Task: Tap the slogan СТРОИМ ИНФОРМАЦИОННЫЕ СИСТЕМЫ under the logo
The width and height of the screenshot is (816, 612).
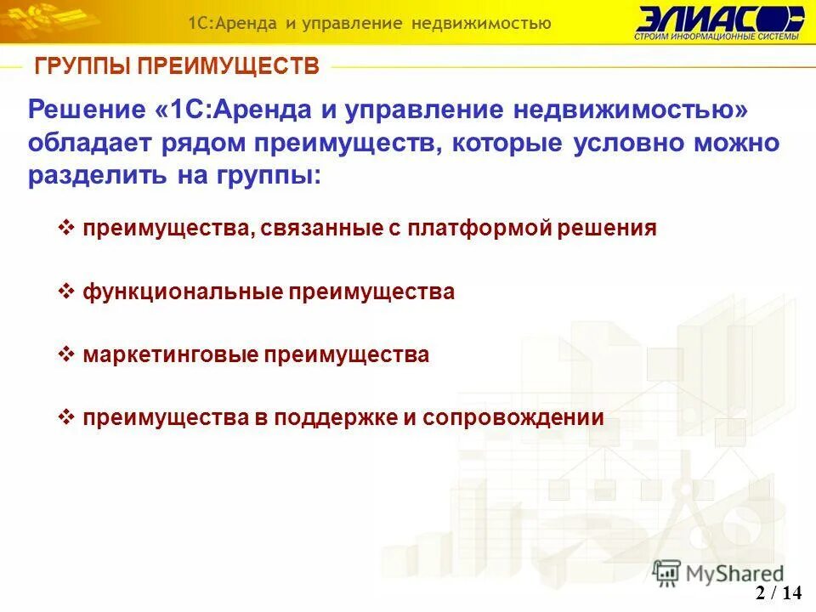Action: pyautogui.click(x=717, y=37)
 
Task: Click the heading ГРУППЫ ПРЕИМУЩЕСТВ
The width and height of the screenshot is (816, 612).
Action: pyautogui.click(x=176, y=66)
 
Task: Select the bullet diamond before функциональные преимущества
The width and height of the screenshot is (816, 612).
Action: pyautogui.click(x=67, y=291)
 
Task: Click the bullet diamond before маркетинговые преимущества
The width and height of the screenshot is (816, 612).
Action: pyautogui.click(x=67, y=354)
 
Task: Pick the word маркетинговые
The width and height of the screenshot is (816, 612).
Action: pyautogui.click(x=170, y=355)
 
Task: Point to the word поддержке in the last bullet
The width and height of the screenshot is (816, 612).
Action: pyautogui.click(x=338, y=418)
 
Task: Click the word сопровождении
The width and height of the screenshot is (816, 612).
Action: pyautogui.click(x=513, y=418)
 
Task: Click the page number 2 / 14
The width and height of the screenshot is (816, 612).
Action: pyautogui.click(x=779, y=593)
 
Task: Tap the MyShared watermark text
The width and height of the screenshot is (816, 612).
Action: pyautogui.click(x=735, y=573)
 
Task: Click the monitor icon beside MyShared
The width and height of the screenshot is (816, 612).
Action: pyautogui.click(x=667, y=571)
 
